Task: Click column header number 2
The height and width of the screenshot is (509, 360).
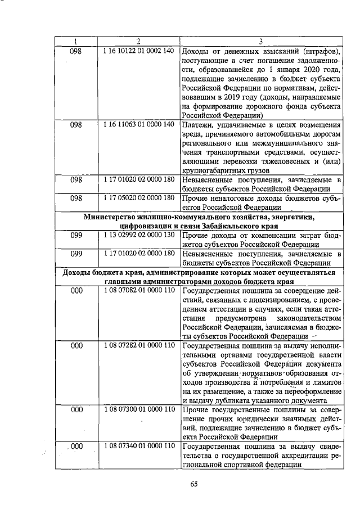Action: click(138, 41)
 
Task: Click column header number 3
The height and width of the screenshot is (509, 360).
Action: click(260, 41)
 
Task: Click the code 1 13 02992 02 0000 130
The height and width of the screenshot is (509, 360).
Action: click(138, 235)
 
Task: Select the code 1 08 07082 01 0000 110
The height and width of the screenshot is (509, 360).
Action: click(138, 290)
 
